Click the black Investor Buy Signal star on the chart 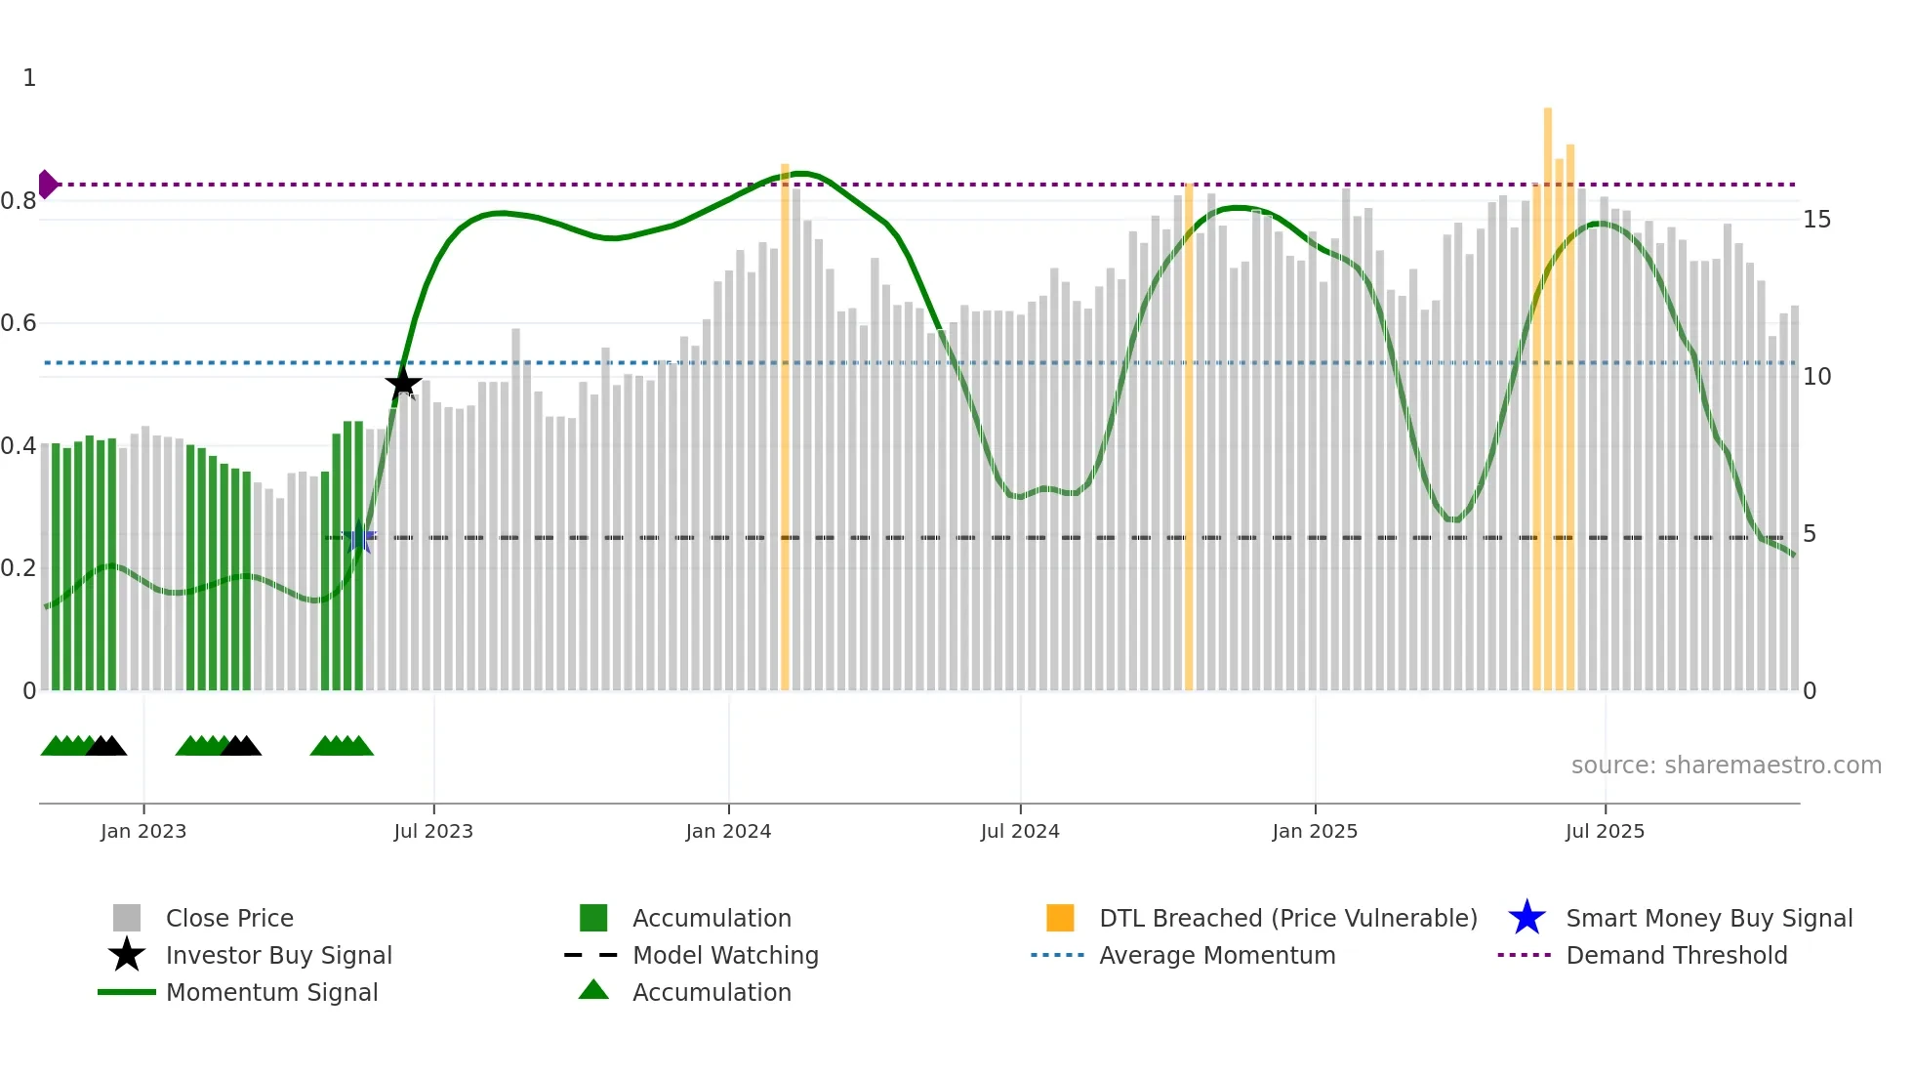click(x=403, y=383)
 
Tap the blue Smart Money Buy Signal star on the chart click(x=359, y=537)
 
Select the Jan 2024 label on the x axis click(x=728, y=831)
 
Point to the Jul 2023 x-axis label click(x=433, y=831)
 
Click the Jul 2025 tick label click(x=1605, y=831)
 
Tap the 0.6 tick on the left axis click(x=19, y=323)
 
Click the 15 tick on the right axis click(x=1816, y=220)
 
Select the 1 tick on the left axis click(x=29, y=78)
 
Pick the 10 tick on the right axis click(x=1816, y=377)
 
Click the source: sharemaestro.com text click(x=1726, y=766)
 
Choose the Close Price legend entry click(x=229, y=918)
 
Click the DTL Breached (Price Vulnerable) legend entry click(x=1287, y=918)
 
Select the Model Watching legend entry click(x=725, y=955)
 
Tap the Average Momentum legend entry click(x=1217, y=955)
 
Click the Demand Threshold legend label click(x=1676, y=955)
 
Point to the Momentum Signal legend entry click(x=271, y=992)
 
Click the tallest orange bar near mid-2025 click(x=1548, y=391)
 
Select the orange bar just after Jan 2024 click(x=785, y=430)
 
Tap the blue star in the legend click(x=1526, y=918)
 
